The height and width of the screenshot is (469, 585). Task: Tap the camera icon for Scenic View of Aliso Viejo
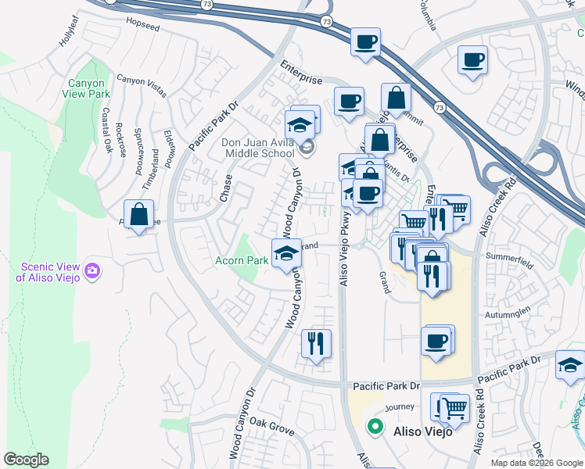pos(93,271)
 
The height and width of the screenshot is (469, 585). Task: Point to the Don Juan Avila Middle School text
pos(257,148)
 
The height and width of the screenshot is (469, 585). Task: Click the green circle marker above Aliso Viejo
pos(375,427)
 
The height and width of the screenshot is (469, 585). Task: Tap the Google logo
pos(26,460)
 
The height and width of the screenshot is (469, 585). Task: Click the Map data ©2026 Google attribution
pos(536,463)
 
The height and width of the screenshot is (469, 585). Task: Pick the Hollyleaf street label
pos(70,32)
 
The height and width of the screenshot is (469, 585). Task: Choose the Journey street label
pos(399,406)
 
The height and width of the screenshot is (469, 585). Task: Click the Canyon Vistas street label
pos(142,84)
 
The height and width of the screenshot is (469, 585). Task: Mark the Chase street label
pos(226,188)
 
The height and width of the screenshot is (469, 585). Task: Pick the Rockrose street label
pos(120,140)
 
